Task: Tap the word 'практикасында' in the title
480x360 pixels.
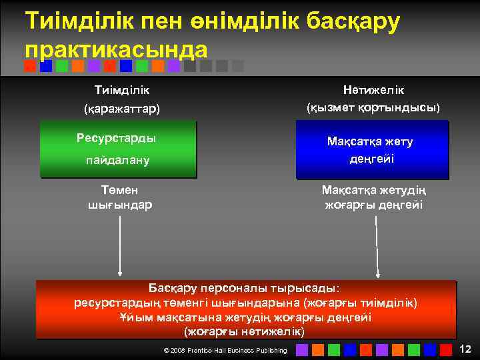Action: (x=116, y=49)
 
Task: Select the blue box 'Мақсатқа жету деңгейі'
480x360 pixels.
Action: (x=372, y=149)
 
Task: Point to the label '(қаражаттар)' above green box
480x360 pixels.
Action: (x=121, y=107)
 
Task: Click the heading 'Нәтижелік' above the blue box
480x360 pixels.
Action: (x=373, y=89)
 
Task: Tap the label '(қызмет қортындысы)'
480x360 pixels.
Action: (x=373, y=107)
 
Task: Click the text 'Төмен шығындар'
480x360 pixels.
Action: (x=121, y=197)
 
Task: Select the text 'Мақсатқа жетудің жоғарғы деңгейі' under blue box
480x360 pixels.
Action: (x=373, y=197)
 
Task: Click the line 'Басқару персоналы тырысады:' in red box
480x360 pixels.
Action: (x=243, y=289)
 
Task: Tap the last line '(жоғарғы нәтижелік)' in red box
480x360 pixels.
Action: (x=243, y=331)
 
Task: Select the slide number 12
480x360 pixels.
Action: (x=465, y=349)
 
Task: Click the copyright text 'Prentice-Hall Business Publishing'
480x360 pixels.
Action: (x=237, y=350)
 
